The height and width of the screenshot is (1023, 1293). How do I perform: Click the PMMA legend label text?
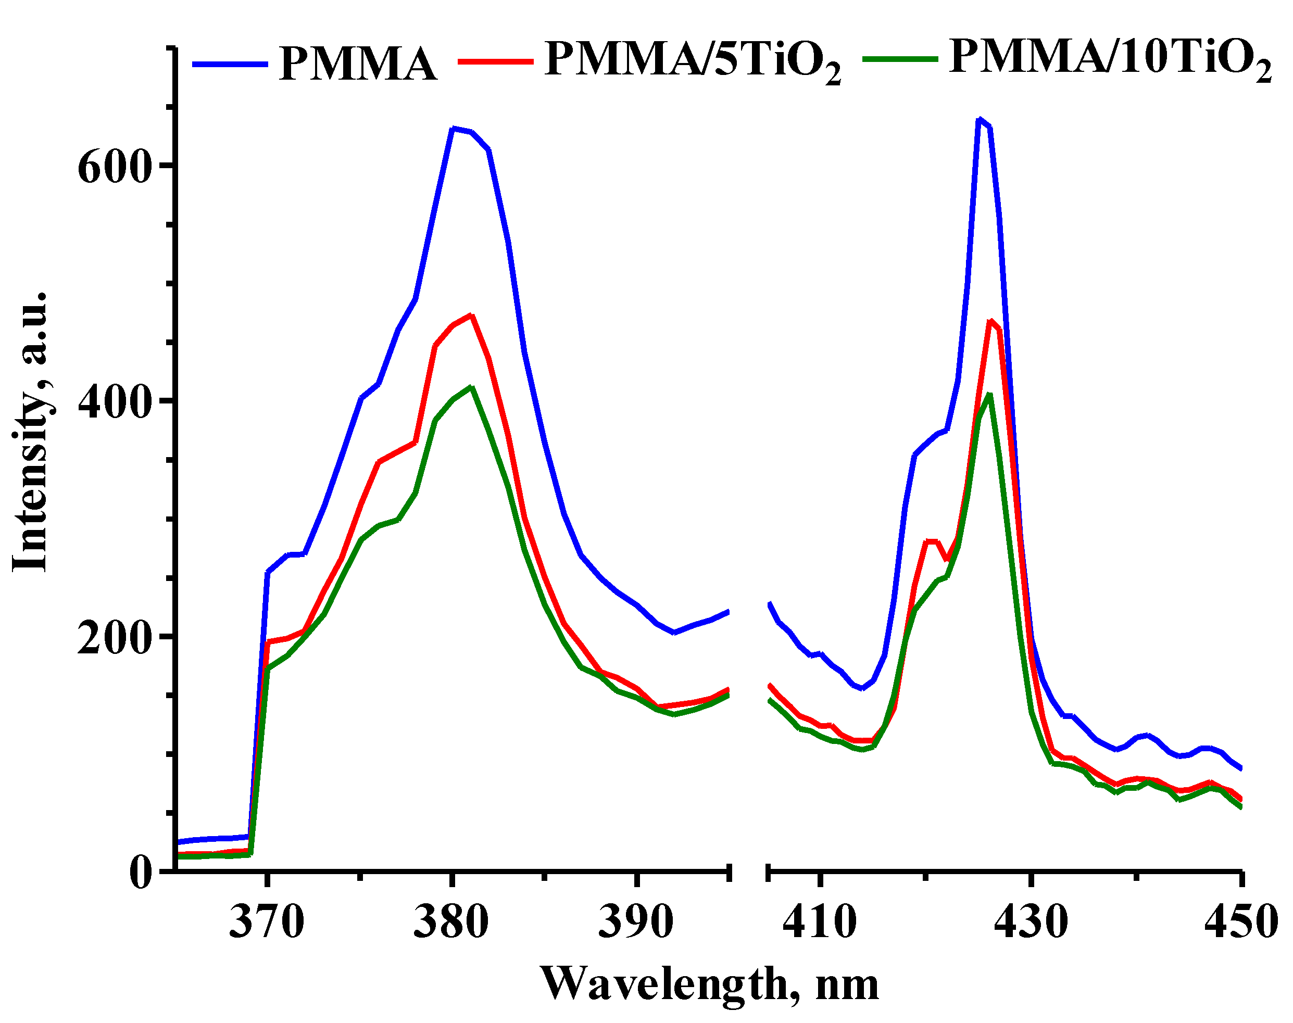point(357,64)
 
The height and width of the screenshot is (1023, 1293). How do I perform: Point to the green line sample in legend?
point(900,59)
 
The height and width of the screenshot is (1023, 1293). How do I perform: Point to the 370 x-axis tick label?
point(267,923)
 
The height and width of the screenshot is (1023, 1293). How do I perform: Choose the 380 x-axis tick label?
point(451,923)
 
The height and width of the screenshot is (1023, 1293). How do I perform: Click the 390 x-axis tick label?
point(636,923)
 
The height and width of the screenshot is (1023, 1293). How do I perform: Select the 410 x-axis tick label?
point(820,923)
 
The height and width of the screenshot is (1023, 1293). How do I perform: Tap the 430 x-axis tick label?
point(1030,923)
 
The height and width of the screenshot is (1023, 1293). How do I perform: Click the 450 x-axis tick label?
point(1241,923)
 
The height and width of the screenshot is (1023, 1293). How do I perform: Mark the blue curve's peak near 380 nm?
point(454,128)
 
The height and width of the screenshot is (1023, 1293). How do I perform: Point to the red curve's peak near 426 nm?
point(990,321)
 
